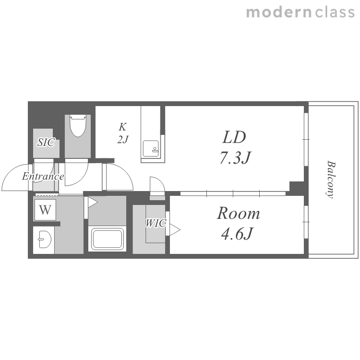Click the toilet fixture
coord(78,126)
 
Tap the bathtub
coord(107,239)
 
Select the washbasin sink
coord(45,240)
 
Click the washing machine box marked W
coord(45,210)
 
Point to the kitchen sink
coord(151,148)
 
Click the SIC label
coord(46,143)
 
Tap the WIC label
coord(156,223)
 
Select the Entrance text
coord(43,176)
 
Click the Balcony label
coord(331,179)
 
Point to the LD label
coord(234,137)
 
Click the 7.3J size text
coord(236,158)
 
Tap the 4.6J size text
coord(237,233)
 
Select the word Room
coord(238,213)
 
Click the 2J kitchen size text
coord(123,139)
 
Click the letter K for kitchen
coord(122,127)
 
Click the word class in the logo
coord(335,12)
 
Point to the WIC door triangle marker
coord(175,229)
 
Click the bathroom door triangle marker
coord(93,202)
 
